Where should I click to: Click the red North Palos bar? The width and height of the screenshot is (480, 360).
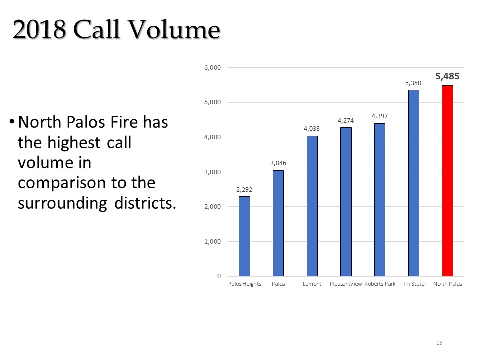click(447, 181)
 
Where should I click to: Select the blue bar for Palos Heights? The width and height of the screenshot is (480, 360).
click(244, 236)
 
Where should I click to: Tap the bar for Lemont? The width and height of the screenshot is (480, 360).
click(312, 206)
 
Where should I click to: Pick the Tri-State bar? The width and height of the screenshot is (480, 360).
click(414, 183)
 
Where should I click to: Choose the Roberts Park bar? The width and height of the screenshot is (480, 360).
click(380, 200)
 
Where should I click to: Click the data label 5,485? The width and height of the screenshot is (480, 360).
click(447, 76)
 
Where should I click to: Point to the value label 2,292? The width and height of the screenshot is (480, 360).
click(244, 190)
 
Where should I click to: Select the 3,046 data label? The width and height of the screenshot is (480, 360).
click(278, 163)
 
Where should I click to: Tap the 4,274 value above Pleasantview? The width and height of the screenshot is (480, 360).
click(346, 121)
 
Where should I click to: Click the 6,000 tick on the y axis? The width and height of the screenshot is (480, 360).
click(213, 68)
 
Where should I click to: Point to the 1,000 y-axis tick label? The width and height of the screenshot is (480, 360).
click(213, 242)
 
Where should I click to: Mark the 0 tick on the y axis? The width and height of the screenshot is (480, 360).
click(219, 276)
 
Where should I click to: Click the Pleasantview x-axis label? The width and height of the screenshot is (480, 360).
click(346, 284)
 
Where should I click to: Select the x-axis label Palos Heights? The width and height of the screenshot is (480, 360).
click(245, 284)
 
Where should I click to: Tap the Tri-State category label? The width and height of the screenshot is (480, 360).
click(414, 284)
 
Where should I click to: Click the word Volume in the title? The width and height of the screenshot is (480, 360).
click(174, 30)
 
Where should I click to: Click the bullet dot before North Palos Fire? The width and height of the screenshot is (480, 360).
click(12, 122)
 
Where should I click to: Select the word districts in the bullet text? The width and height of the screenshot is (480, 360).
click(145, 203)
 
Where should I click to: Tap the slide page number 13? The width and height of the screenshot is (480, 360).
click(439, 343)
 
